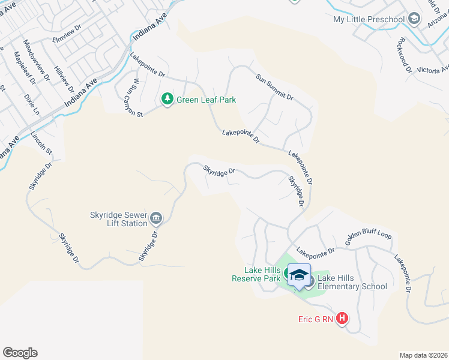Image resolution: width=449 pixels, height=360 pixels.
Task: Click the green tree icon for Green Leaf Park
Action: tap(167, 99)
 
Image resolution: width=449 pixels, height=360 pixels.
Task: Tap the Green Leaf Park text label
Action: tap(206, 100)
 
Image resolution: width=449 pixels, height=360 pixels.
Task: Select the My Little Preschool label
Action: tap(369, 20)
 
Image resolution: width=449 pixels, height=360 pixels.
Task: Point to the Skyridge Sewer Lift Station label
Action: tap(118, 219)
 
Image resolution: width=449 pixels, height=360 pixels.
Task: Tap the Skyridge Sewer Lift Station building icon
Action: tap(156, 217)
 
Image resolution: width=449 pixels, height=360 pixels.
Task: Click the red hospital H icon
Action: tap(342, 319)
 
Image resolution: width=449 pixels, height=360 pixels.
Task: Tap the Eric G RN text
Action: tap(315, 319)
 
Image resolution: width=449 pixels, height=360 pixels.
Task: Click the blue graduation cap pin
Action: tap(299, 276)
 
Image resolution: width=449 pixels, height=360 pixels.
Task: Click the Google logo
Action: tap(20, 353)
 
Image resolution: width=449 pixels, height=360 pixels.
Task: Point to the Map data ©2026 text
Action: tap(423, 355)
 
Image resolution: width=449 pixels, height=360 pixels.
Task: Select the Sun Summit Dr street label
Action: tap(274, 88)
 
